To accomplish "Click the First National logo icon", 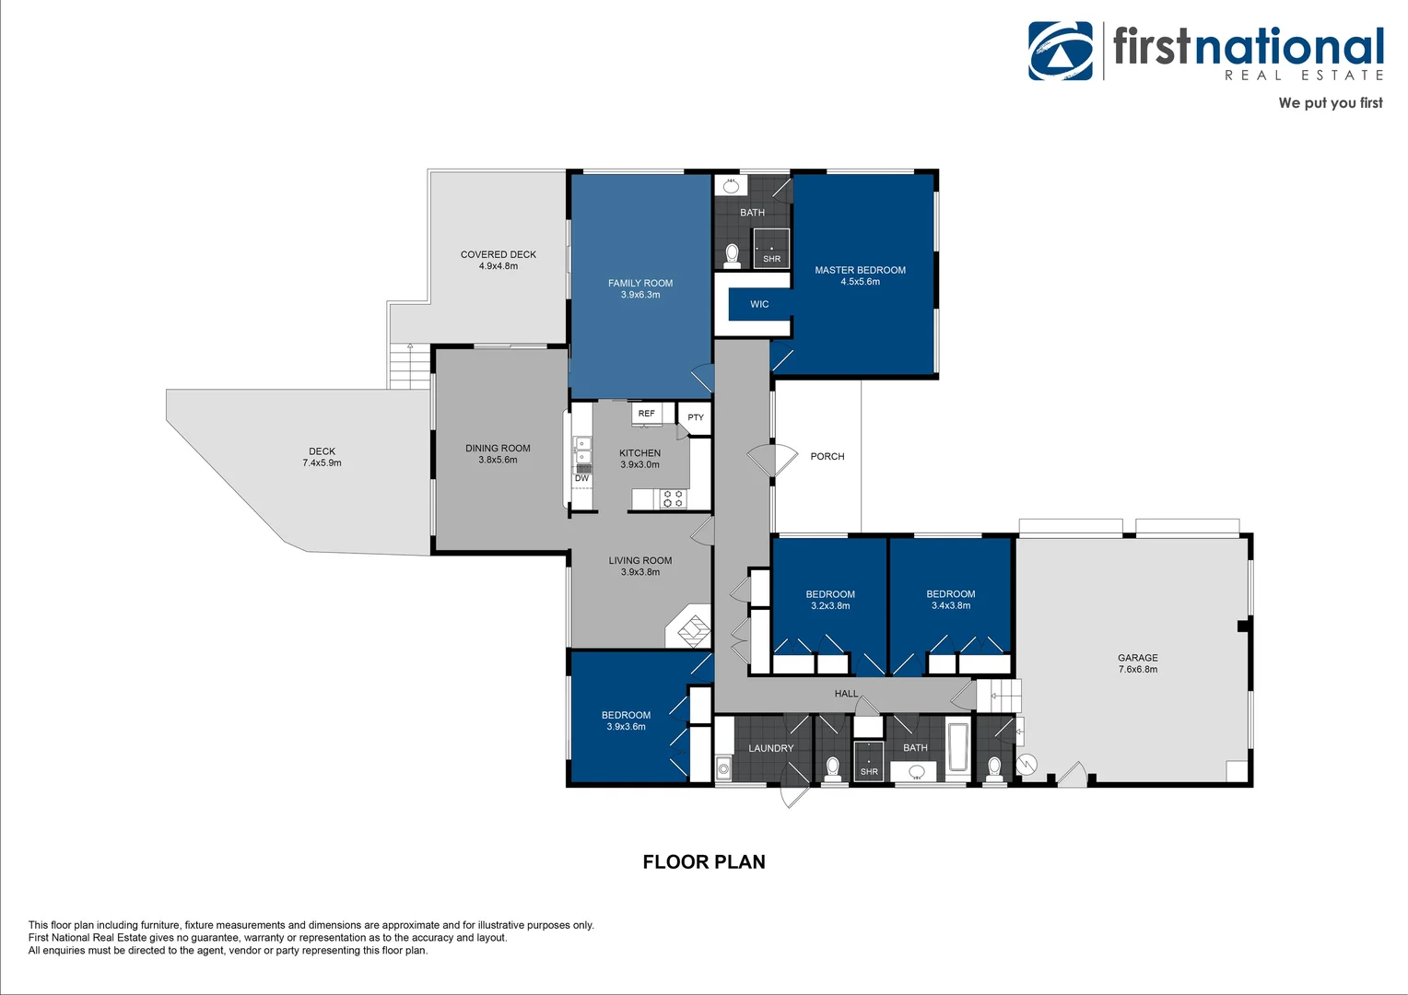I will point(1061,51).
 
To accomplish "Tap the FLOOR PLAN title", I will point(704,862).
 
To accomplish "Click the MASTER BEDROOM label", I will point(860,270).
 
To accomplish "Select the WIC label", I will point(759,304).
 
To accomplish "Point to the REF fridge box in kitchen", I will point(647,414).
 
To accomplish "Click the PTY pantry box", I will point(696,416).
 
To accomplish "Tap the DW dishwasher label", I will point(581,478).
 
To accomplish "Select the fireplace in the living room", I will point(691,629).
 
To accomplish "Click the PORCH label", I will point(827,456).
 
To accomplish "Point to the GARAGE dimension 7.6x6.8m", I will point(1137,670).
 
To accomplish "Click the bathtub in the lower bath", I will point(957,748).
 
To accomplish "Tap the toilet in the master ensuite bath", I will point(733,253).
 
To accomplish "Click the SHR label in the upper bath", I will point(771,259).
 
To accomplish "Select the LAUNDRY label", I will point(770,748).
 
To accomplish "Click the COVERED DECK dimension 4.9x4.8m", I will point(498,266).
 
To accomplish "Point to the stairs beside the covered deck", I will point(409,366).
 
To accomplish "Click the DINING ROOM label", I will point(498,449).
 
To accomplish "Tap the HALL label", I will point(846,694).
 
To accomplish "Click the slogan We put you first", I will point(1330,103).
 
